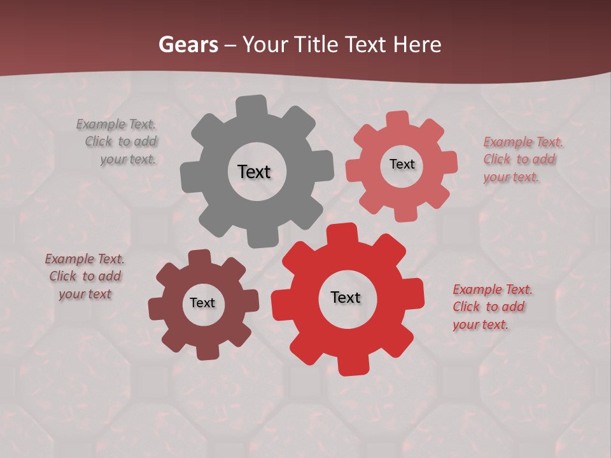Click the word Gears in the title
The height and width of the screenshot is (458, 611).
(x=187, y=45)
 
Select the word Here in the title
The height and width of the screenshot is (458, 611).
(x=417, y=45)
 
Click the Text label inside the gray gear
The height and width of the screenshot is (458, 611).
(x=254, y=172)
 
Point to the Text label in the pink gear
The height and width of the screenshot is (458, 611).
(x=402, y=164)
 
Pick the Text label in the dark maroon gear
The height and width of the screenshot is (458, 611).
(x=202, y=303)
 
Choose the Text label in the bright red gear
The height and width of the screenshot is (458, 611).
(x=346, y=297)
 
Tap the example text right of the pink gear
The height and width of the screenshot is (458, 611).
(x=521, y=160)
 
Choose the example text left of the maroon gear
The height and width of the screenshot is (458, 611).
(x=85, y=277)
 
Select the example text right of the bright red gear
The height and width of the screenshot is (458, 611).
(x=490, y=307)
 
